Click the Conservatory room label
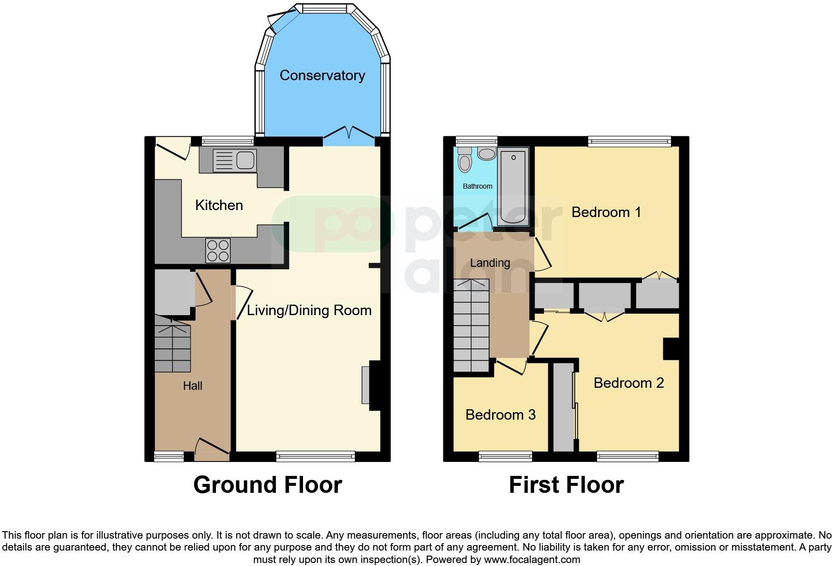pos(322,75)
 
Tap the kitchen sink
pos(234,160)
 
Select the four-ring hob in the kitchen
pos(218,250)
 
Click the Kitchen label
pos(219,205)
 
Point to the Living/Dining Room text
pos(309,310)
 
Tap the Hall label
pos(193,385)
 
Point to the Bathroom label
pos(477,186)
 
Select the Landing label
pos(490,263)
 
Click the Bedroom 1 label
pos(606,212)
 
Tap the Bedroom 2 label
pos(628,383)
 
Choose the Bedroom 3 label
pos(501,415)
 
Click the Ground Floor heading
pos(268,484)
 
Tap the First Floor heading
pos(566,484)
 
